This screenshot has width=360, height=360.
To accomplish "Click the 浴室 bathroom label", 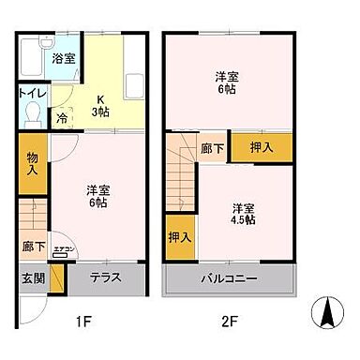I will pyautogui.click(x=64, y=58).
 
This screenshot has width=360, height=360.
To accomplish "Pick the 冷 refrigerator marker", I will pyautogui.click(x=62, y=119).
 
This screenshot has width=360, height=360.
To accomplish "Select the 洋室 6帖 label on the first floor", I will pyautogui.click(x=97, y=196).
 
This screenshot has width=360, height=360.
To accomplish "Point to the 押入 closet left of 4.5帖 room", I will pyautogui.click(x=178, y=237).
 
